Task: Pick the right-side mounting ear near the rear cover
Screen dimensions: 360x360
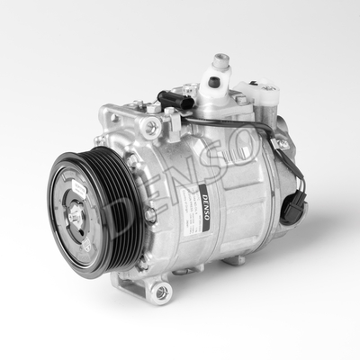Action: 282,144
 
